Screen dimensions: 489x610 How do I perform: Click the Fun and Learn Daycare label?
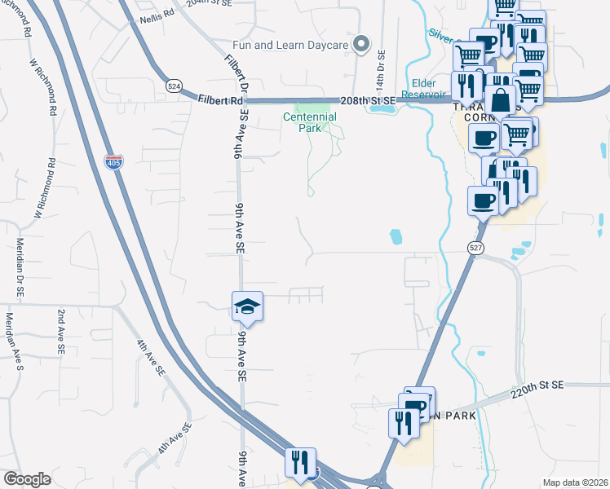click(290, 44)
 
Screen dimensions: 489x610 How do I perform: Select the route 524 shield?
click(173, 86)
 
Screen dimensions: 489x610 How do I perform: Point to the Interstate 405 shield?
click(113, 162)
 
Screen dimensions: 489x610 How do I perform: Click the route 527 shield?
click(476, 247)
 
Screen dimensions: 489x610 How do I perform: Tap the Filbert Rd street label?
click(220, 100)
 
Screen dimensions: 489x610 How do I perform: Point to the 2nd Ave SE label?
click(60, 330)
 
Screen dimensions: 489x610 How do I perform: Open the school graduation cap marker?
click(247, 306)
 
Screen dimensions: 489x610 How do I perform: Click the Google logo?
click(27, 478)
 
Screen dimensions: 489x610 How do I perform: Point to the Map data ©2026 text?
click(575, 482)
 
